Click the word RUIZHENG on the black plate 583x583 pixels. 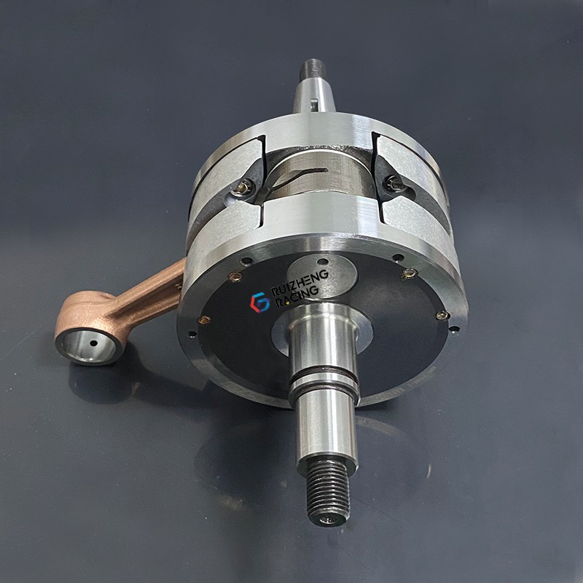(300, 283)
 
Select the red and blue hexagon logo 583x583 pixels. (260, 302)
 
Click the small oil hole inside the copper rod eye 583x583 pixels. (93, 343)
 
